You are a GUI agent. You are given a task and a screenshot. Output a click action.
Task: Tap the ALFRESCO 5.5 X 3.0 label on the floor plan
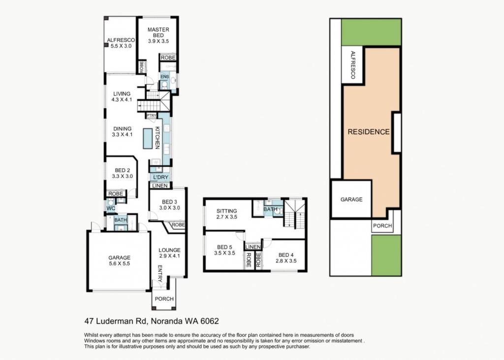point(121,43)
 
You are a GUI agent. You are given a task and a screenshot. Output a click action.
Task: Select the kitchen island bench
point(148,138)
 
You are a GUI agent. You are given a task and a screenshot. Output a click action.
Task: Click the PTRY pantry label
point(152,116)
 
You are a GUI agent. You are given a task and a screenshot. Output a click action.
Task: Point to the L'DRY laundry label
point(160,178)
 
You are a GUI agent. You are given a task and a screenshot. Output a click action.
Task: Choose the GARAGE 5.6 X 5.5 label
point(119,261)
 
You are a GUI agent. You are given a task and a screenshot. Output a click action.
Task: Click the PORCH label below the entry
point(164,299)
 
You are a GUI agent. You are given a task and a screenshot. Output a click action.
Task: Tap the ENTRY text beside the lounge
point(160,273)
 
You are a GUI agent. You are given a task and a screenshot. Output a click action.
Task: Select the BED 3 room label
point(169,205)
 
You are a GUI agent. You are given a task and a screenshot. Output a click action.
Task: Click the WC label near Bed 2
point(111,209)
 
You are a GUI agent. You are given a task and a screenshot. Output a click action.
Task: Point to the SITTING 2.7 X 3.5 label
point(226,214)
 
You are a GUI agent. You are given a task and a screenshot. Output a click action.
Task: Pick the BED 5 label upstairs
point(224,250)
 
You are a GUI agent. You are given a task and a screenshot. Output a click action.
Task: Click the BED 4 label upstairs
point(286,258)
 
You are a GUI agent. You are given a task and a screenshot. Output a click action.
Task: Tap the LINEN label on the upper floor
point(252,247)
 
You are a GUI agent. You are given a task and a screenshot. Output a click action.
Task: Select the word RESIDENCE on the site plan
point(369,132)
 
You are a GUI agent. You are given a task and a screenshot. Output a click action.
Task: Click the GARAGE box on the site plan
point(351,200)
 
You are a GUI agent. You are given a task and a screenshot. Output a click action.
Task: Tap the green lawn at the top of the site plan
point(371,32)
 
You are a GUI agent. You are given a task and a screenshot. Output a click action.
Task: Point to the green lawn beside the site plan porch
point(386,255)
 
